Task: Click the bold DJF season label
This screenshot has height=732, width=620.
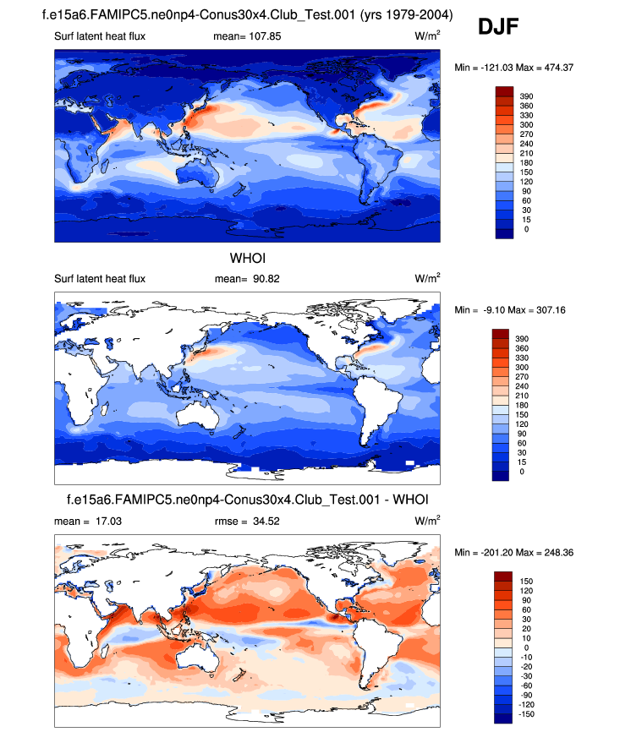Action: click(x=497, y=27)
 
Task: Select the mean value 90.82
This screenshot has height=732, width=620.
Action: click(x=264, y=278)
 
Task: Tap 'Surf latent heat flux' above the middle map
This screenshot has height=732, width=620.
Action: click(x=100, y=278)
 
